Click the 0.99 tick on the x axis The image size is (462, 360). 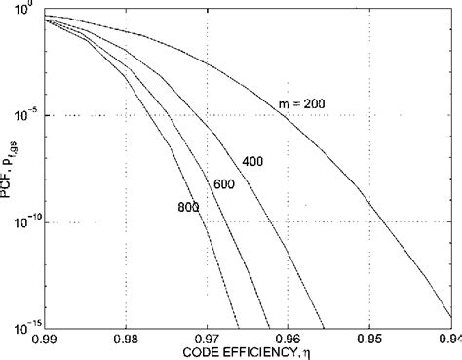44,339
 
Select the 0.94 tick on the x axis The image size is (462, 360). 447,339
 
